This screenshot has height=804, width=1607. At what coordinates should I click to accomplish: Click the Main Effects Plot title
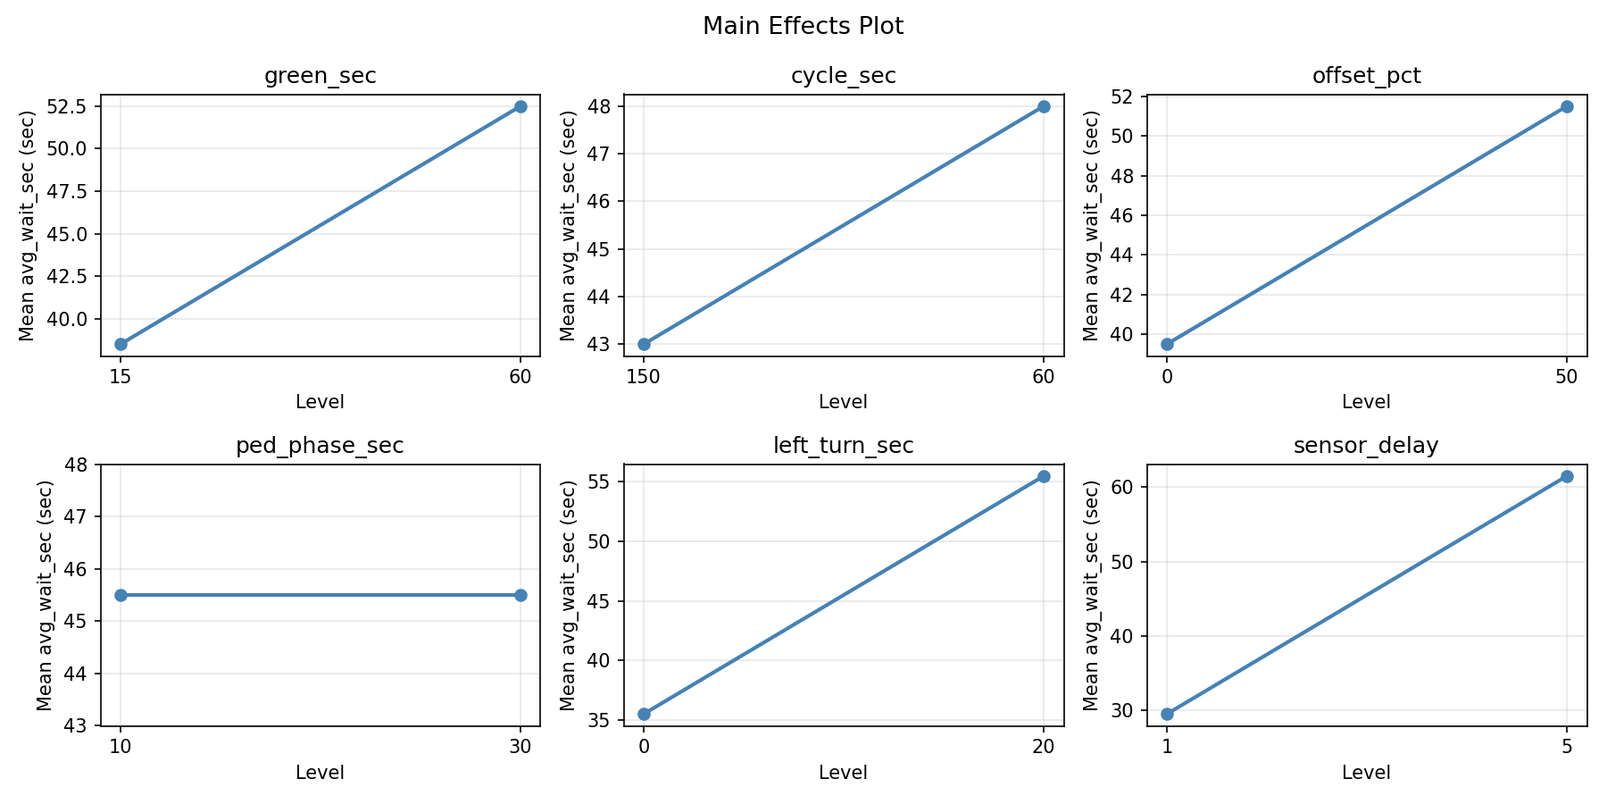tap(803, 26)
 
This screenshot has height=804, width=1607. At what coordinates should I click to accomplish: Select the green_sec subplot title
tap(320, 76)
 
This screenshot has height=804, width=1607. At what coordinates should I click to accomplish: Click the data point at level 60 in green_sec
tap(520, 106)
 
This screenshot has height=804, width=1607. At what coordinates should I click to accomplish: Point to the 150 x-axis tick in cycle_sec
tap(644, 377)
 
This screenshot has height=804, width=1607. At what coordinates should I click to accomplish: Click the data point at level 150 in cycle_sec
tap(644, 344)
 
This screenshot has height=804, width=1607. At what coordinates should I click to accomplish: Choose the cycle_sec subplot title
tap(843, 76)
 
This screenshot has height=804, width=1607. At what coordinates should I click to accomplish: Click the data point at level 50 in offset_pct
tap(1567, 106)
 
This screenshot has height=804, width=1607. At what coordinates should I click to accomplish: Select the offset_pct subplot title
tap(1366, 76)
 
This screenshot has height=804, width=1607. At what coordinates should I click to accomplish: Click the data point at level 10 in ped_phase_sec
tap(121, 595)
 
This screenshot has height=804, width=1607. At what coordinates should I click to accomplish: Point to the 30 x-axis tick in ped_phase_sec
tap(520, 747)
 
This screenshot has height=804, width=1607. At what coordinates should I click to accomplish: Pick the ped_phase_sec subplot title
tap(320, 446)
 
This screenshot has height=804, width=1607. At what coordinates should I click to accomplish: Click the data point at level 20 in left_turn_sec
tap(1044, 476)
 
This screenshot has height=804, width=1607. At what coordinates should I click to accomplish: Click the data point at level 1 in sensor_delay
tap(1167, 714)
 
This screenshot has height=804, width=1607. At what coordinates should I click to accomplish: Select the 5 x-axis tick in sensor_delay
tap(1567, 747)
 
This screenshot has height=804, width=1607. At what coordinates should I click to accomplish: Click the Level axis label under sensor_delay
tap(1366, 773)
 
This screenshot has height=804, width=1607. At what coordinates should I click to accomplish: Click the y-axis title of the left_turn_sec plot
tap(568, 595)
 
